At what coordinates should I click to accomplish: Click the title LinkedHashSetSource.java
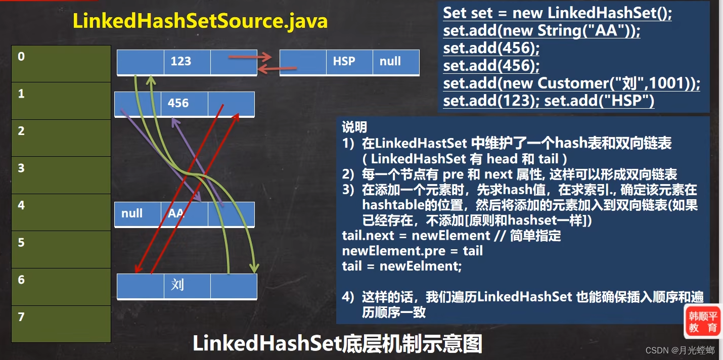[200, 22]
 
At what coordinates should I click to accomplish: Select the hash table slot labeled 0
[61, 64]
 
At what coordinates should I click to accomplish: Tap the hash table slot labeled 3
[61, 175]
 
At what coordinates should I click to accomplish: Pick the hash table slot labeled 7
[61, 324]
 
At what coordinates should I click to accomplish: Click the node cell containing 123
[187, 62]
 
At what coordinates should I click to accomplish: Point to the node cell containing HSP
[349, 62]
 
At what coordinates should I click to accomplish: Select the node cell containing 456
[185, 104]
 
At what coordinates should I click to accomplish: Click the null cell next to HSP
[395, 62]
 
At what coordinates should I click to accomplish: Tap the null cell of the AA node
[138, 214]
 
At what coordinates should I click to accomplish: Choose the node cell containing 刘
[187, 286]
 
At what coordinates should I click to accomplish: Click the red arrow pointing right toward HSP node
[250, 57]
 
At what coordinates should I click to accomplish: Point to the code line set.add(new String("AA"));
[541, 31]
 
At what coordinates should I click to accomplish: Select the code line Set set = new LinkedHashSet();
[557, 13]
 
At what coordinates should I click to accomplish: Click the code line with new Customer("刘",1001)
[571, 83]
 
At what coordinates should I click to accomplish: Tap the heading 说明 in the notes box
[354, 127]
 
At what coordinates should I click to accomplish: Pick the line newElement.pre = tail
[412, 251]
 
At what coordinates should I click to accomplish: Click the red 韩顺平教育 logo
[703, 322]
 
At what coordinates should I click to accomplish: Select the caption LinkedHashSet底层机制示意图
[337, 344]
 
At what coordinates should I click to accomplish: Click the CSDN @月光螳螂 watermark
[680, 350]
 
